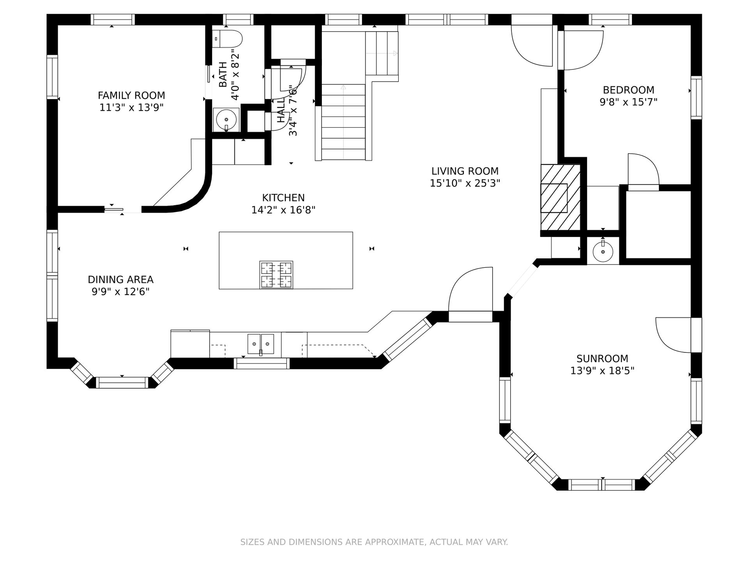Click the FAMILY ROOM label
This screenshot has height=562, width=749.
pos(131,95)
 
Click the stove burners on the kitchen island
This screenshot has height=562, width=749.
pos(276,275)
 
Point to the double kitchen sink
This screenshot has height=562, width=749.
pos(261,344)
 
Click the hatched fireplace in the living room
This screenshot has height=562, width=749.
pos(561,197)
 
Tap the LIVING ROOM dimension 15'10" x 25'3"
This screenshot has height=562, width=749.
pos(465,183)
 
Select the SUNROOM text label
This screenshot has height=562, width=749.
pos(602,358)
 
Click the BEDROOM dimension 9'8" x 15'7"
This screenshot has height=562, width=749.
pos(628,102)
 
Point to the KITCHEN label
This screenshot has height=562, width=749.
pos(283,198)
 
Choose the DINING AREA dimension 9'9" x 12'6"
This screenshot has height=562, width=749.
pos(121,292)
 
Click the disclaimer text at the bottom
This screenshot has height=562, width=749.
pos(374,542)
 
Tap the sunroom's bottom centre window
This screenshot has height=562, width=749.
pos(602,485)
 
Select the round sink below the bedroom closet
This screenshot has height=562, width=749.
pos(603,251)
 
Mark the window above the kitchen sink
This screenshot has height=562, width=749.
pos(262,363)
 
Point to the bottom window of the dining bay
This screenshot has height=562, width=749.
pos(122,382)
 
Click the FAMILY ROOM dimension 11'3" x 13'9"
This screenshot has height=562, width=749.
pos(131,107)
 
